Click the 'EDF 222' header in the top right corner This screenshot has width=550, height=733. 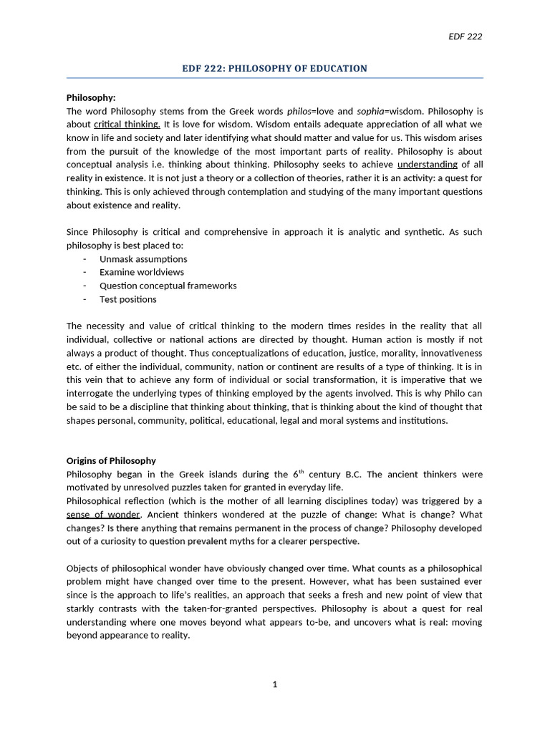tap(465, 37)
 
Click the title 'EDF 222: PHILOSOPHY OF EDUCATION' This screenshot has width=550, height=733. tap(274, 69)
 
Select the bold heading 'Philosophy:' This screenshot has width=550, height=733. tap(91, 97)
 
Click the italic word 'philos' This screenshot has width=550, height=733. tap(299, 111)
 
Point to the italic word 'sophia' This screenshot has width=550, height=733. tap(371, 111)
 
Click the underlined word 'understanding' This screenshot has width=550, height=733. tap(427, 165)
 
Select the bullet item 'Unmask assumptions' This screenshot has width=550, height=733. tap(143, 259)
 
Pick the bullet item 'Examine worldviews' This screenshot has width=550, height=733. tap(142, 272)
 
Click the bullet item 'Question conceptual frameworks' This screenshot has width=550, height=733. tap(168, 286)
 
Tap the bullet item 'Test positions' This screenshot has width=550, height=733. tap(128, 299)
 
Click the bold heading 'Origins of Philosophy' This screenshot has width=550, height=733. tap(111, 460)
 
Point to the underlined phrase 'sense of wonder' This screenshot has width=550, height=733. tap(104, 515)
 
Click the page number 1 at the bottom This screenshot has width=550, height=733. tap(274, 684)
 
